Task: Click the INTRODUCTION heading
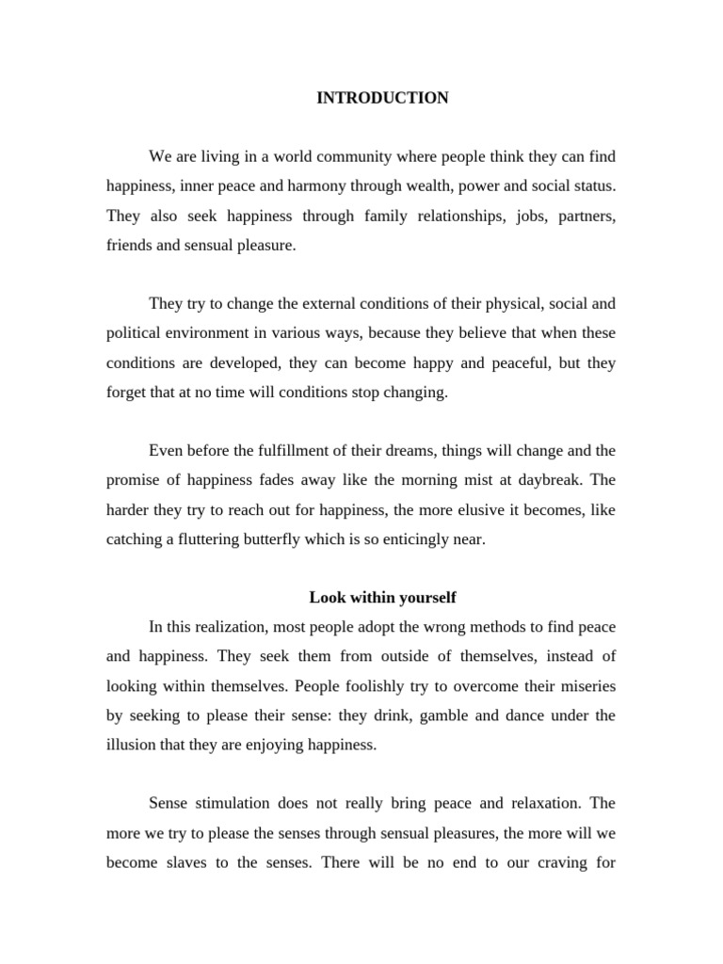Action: pos(382,98)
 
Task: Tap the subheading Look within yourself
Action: pos(382,598)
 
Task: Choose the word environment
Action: pos(200,333)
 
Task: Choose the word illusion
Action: pos(131,745)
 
